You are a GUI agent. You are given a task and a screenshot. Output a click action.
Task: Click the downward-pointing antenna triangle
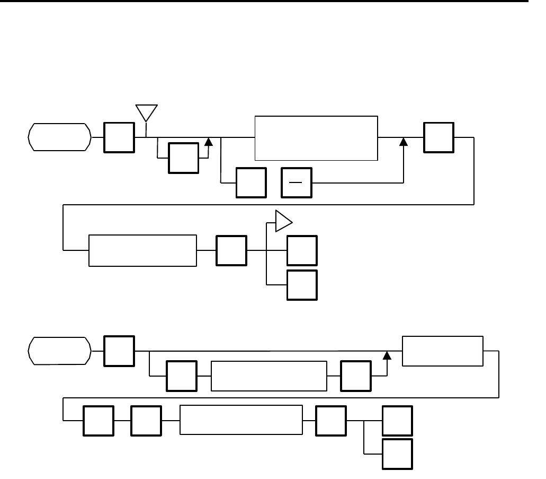pos(147,112)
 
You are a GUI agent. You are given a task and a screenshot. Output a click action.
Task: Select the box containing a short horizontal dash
pos(297,183)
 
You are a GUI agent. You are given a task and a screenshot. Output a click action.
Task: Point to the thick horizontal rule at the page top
pos(265,2)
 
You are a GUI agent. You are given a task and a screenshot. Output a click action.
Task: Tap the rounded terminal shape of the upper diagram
pos(58,137)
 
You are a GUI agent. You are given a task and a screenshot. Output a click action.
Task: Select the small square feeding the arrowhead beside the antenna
pos(183,158)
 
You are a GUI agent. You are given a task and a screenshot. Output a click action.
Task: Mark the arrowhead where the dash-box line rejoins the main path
pos(404,142)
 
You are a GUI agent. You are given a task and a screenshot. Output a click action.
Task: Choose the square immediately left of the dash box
pos(251,183)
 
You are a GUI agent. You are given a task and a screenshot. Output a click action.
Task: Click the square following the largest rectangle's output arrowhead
pos(439,138)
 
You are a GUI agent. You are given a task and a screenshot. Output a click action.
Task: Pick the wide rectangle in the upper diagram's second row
pos(142,250)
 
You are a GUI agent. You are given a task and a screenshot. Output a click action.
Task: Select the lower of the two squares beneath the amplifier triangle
pos(302,285)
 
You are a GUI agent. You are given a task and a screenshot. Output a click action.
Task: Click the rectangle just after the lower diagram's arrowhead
pos(443,351)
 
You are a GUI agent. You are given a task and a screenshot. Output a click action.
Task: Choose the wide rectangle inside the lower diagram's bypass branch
pos(268,376)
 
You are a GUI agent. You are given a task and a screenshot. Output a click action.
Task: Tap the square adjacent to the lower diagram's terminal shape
pos(119,351)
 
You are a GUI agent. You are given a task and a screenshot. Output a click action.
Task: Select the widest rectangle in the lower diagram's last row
pos(241,421)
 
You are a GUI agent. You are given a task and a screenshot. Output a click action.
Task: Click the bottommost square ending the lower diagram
pos(398,454)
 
